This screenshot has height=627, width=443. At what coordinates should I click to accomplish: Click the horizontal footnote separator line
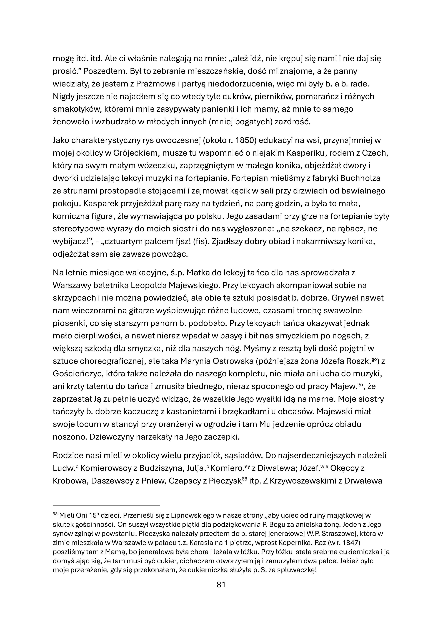click(x=106, y=505)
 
